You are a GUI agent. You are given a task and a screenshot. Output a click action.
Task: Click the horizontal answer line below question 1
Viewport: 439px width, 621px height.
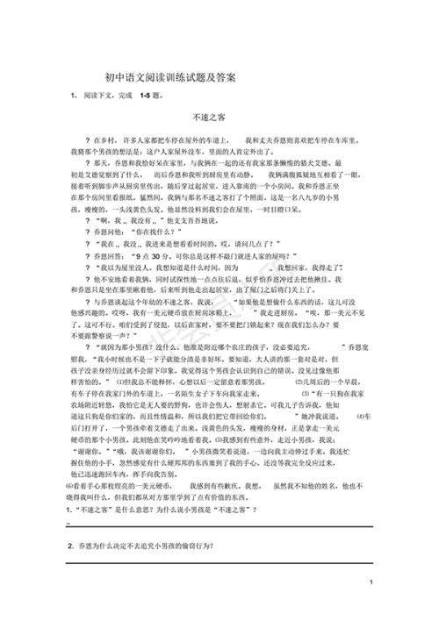coord(219,525)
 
